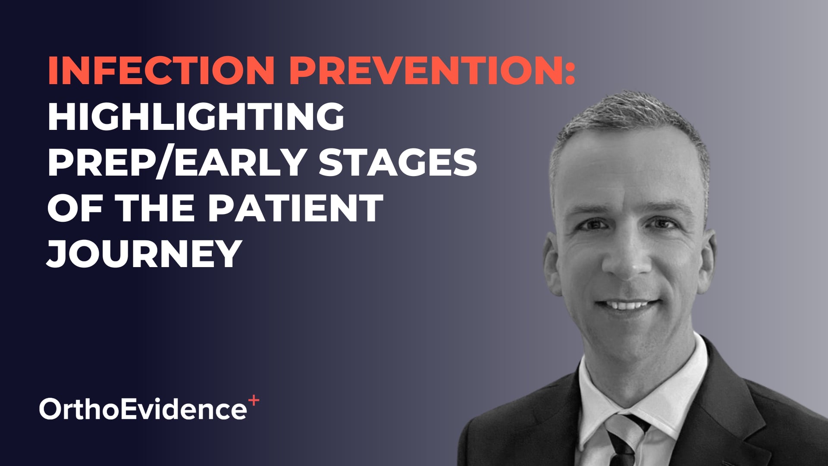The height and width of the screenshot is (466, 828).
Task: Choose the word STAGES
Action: [x=398, y=162]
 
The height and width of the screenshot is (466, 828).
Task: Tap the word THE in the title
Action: [x=157, y=208]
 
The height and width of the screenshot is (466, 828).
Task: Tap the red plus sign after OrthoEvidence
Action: [x=254, y=401]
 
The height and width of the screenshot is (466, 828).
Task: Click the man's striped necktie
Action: [x=624, y=440]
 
